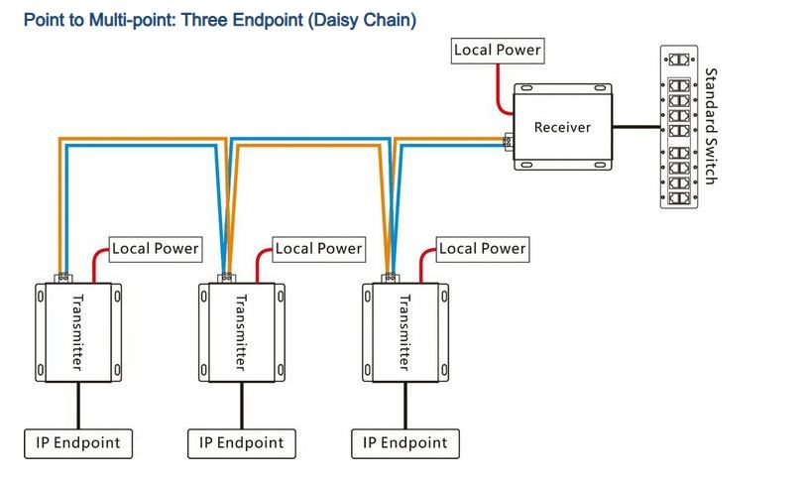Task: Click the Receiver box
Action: tap(562, 127)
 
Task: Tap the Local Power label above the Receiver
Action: tap(498, 50)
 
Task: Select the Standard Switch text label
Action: tap(710, 126)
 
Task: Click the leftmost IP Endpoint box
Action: tap(77, 442)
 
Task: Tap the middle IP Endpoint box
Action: tap(241, 442)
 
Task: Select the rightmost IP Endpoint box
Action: tap(404, 442)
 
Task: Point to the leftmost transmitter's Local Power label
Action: tap(155, 248)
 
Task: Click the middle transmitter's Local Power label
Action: tap(318, 248)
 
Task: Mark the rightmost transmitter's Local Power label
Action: tap(482, 248)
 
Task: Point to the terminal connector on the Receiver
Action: tap(508, 142)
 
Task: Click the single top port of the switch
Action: tap(679, 60)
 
